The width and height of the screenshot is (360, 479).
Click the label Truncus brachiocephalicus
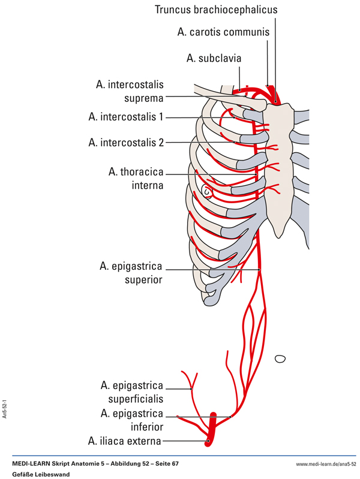coord(217,10)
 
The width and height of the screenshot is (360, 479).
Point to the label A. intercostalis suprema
coord(129,91)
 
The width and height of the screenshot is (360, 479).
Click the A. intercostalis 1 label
coord(125,117)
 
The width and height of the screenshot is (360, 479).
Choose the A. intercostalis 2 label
coord(125,142)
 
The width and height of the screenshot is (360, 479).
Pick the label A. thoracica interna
coord(136,179)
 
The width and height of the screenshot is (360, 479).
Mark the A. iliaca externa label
coord(125,442)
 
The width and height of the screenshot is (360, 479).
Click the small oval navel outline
coord(280,359)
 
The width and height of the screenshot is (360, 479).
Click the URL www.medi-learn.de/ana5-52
coord(326,465)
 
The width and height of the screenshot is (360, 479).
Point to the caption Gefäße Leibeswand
coord(41,474)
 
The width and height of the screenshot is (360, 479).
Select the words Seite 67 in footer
coord(165,465)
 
